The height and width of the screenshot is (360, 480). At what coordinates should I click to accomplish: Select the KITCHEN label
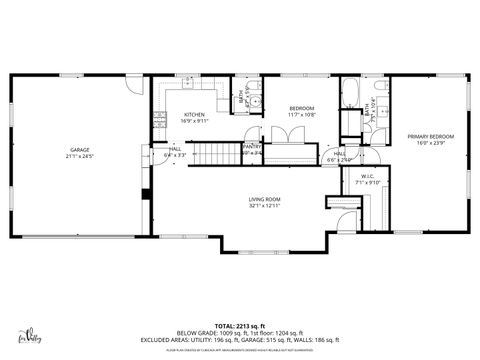point(194,114)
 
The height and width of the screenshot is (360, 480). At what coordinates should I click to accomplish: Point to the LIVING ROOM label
point(264,200)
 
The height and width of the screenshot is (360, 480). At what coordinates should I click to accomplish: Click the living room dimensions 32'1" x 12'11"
point(264,207)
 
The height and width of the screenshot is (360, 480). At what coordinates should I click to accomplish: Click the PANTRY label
point(252,147)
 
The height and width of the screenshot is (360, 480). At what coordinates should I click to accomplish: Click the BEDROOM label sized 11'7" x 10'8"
point(302,108)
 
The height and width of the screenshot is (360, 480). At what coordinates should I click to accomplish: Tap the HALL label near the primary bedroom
point(339,153)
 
